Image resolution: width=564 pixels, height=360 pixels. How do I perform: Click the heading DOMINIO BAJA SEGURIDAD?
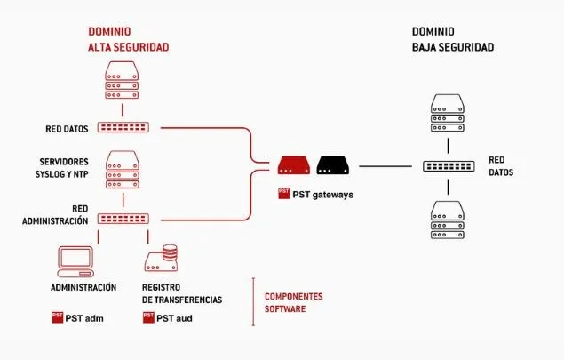point(452,37)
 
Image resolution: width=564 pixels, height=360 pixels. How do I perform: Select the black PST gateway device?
point(335,164)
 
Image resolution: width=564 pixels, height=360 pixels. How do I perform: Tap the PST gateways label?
point(316,193)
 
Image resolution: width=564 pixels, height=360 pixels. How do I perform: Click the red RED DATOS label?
point(67,128)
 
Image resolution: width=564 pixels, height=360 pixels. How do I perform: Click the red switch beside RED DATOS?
point(123,128)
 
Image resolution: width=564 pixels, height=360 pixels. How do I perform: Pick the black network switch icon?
point(449,165)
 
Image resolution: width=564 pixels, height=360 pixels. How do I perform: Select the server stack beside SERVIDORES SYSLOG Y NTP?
point(123,171)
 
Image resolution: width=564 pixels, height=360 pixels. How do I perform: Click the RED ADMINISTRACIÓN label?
point(56,214)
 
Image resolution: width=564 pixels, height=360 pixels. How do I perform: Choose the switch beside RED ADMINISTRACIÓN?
point(123,219)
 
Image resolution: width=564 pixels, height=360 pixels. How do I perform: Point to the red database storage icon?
point(163,259)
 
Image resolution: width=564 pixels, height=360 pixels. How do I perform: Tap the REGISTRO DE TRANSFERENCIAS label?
point(182,294)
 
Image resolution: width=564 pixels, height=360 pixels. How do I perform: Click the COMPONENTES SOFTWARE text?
point(293,302)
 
